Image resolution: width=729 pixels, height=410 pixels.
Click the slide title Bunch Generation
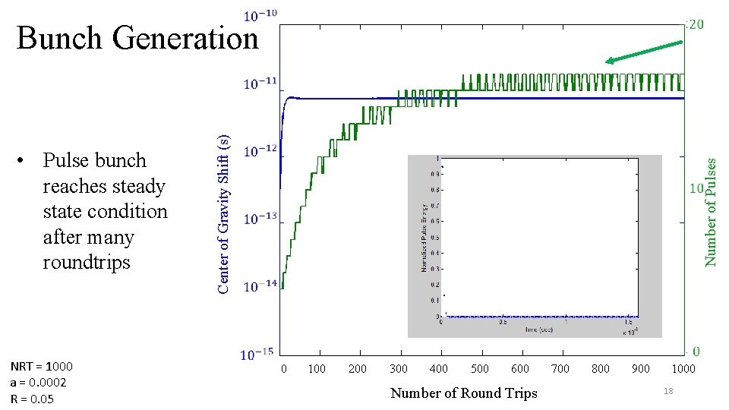[137, 38]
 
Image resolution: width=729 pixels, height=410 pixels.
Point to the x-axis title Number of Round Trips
[463, 393]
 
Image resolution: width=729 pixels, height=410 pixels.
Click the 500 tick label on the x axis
[479, 369]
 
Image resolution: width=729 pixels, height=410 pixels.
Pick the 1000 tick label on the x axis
[683, 369]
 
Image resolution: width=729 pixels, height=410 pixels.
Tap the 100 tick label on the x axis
[317, 369]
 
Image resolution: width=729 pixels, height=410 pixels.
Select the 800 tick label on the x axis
[601, 369]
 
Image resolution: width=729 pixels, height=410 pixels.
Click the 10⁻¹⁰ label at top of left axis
[260, 14]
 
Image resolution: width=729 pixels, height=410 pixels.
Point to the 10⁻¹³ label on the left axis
[260, 219]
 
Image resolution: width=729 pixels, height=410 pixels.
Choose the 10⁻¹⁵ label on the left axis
[258, 355]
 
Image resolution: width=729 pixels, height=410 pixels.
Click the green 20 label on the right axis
[695, 24]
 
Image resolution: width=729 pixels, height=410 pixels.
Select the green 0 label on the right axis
[696, 352]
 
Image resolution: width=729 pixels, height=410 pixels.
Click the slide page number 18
[668, 389]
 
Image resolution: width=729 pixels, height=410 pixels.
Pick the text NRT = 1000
[42, 366]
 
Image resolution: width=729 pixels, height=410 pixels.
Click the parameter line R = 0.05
[32, 399]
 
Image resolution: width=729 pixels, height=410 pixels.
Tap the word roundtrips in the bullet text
[87, 263]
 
